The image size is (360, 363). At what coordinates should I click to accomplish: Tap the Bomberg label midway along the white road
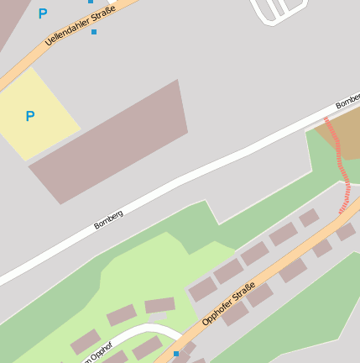pyautogui.click(x=109, y=219)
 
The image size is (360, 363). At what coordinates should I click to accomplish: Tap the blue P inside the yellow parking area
pyautogui.click(x=30, y=116)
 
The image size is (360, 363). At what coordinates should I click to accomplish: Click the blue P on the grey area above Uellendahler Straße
pyautogui.click(x=43, y=13)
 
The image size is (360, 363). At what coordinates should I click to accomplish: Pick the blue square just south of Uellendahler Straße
pyautogui.click(x=94, y=32)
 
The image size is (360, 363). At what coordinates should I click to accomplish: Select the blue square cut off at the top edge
pyautogui.click(x=91, y=2)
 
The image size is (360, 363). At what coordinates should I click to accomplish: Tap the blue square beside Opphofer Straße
pyautogui.click(x=176, y=354)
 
